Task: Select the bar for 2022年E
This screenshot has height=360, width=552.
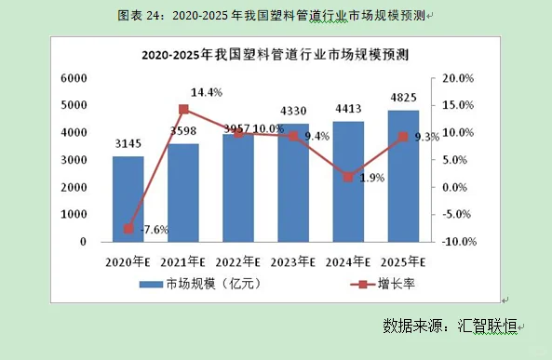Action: (238, 188)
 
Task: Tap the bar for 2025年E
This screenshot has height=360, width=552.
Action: (403, 176)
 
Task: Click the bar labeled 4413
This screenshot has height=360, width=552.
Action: (348, 181)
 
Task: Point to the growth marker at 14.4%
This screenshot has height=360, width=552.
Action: (183, 110)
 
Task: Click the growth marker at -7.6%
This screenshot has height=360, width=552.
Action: (128, 229)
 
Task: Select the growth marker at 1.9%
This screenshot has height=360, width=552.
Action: (348, 177)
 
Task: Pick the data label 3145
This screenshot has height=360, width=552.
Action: (128, 143)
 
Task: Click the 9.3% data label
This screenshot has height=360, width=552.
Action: (426, 137)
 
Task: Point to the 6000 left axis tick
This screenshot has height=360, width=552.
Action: (74, 79)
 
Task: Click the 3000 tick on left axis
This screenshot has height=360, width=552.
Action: (74, 160)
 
